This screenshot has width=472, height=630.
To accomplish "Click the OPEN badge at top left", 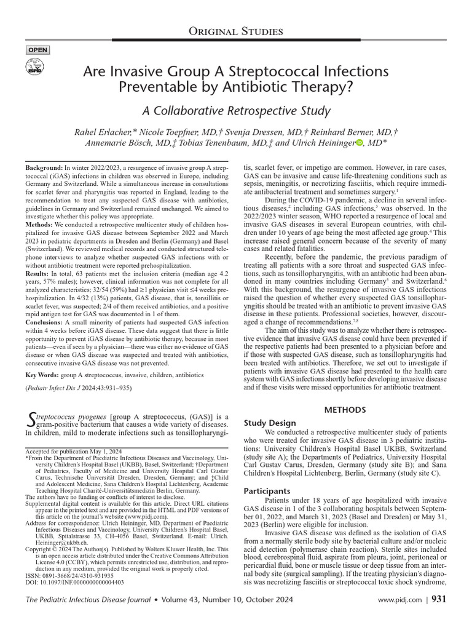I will point(37,50).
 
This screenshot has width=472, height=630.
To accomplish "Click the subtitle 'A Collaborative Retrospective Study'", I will point(236,111).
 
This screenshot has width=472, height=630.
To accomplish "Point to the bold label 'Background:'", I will point(44,168).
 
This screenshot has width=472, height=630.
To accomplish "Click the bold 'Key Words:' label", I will point(44,373).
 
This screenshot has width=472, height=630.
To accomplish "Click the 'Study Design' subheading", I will point(270,423).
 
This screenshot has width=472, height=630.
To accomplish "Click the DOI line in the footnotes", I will point(74,581).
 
